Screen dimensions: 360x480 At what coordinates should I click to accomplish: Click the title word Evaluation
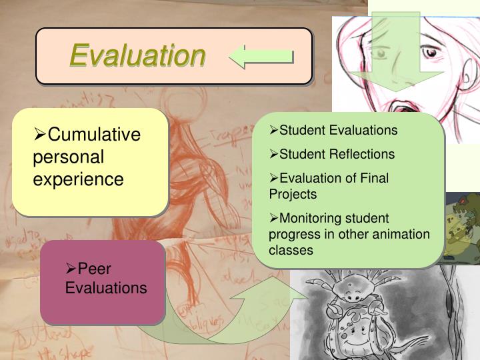tap(137, 55)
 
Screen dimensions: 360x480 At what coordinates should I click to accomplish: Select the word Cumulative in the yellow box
tap(94, 135)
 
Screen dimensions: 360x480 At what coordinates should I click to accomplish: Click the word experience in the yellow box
tap(78, 179)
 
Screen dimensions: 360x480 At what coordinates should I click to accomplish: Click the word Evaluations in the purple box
tap(106, 288)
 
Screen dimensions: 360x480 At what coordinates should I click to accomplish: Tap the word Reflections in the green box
tap(363, 155)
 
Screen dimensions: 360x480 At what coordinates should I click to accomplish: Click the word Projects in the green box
tap(293, 195)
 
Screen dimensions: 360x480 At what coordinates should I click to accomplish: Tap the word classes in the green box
tap(291, 251)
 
